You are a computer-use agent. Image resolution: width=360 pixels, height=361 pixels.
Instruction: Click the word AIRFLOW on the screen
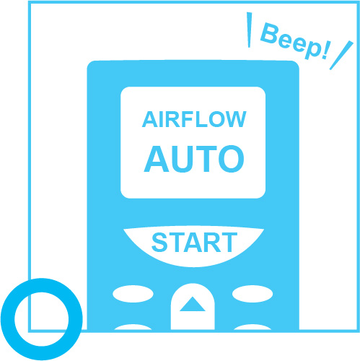(194, 119)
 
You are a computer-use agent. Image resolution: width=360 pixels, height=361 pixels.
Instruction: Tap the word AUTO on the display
(194, 159)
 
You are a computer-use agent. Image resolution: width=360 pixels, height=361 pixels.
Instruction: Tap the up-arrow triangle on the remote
(193, 304)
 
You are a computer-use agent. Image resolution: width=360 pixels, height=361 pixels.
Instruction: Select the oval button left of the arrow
(133, 294)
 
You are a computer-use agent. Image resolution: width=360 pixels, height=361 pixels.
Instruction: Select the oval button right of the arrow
(253, 294)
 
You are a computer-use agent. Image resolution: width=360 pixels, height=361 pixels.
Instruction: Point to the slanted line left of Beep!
(250, 30)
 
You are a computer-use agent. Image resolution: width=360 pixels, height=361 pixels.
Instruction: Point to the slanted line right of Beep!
(341, 56)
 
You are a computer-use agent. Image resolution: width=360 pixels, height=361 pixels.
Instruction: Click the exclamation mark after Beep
(325, 51)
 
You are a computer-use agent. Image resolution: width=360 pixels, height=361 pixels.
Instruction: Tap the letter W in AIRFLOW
(235, 119)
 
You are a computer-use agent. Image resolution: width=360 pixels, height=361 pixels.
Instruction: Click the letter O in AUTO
(232, 159)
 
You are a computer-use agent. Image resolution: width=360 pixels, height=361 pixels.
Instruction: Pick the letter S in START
(159, 243)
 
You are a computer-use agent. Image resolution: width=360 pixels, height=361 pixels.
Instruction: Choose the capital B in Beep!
(270, 33)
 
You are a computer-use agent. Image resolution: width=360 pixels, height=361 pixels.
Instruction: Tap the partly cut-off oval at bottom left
(133, 327)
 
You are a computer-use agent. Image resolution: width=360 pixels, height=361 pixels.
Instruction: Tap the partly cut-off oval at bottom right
(253, 327)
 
